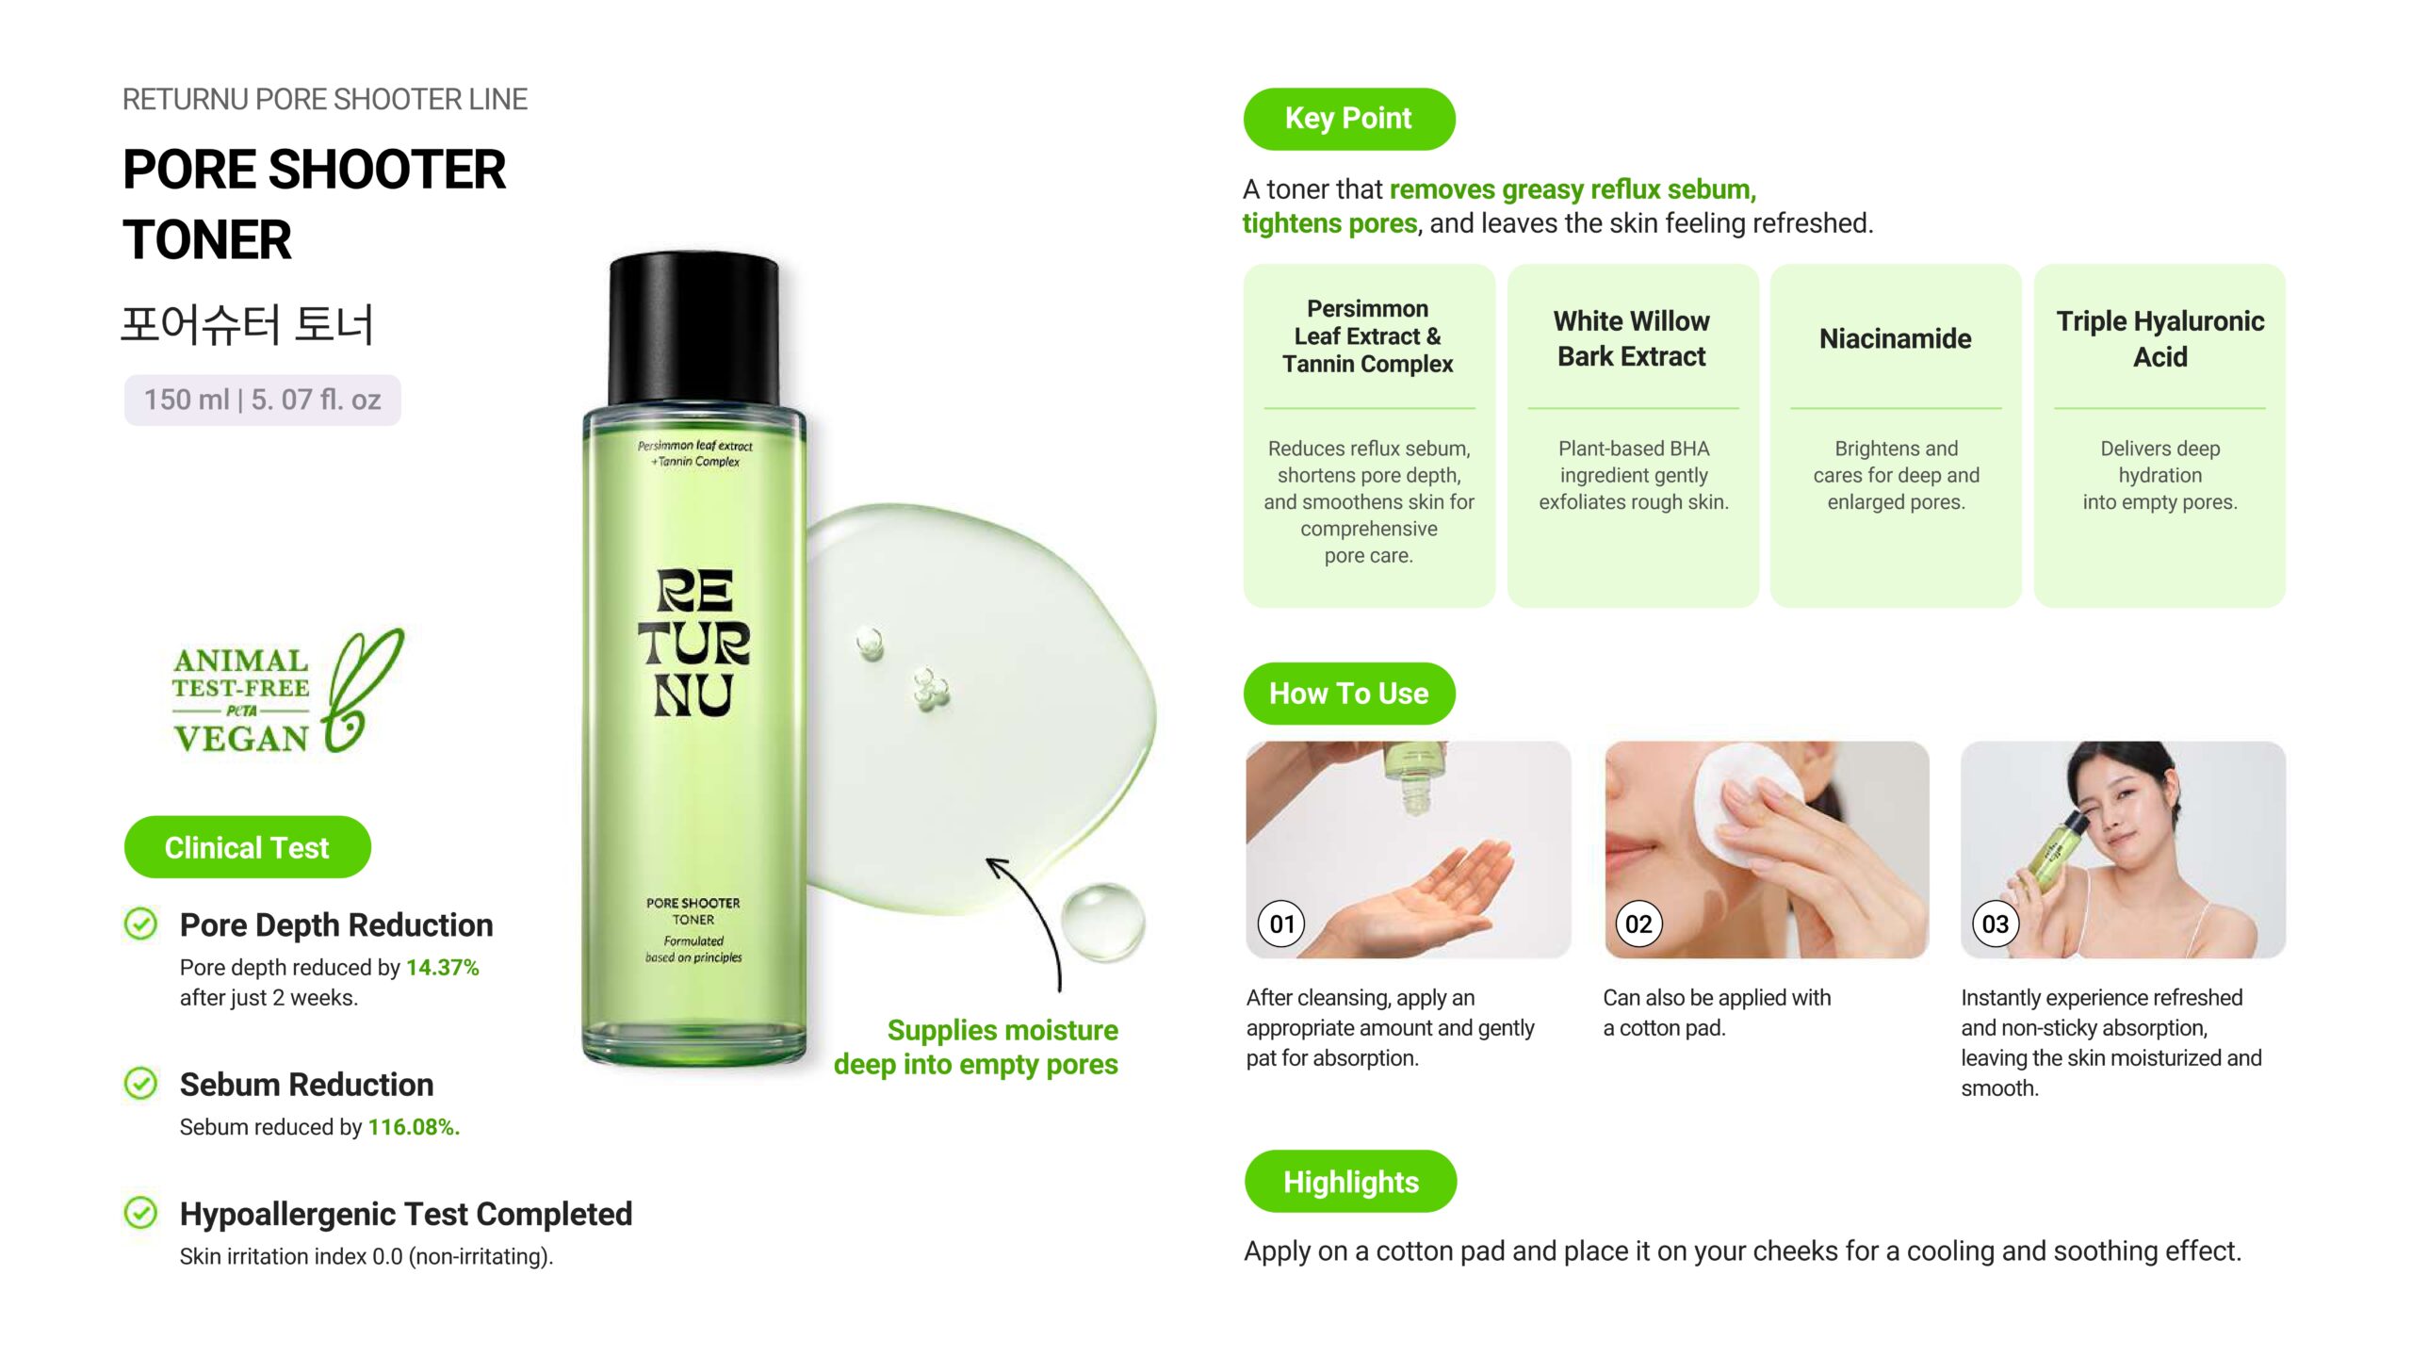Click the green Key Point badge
pyautogui.click(x=1348, y=119)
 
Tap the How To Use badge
pyautogui.click(x=1348, y=694)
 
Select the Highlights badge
pyautogui.click(x=1350, y=1182)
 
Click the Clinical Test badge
pyautogui.click(x=247, y=847)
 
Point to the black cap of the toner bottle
pyautogui.click(x=694, y=330)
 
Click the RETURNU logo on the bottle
pyautogui.click(x=693, y=643)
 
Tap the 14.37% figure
pyautogui.click(x=443, y=968)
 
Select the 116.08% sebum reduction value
pyautogui.click(x=414, y=1127)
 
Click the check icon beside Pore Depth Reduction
pyautogui.click(x=141, y=924)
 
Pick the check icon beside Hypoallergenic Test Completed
pyautogui.click(x=141, y=1213)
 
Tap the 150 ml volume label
pyautogui.click(x=263, y=400)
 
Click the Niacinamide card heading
pyautogui.click(x=1895, y=338)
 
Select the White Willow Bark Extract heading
pyautogui.click(x=1632, y=338)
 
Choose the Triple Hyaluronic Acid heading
pyautogui.click(x=2159, y=338)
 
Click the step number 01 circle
pyautogui.click(x=1282, y=924)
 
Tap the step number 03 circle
pyautogui.click(x=1996, y=924)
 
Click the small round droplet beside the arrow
pyautogui.click(x=1102, y=921)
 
